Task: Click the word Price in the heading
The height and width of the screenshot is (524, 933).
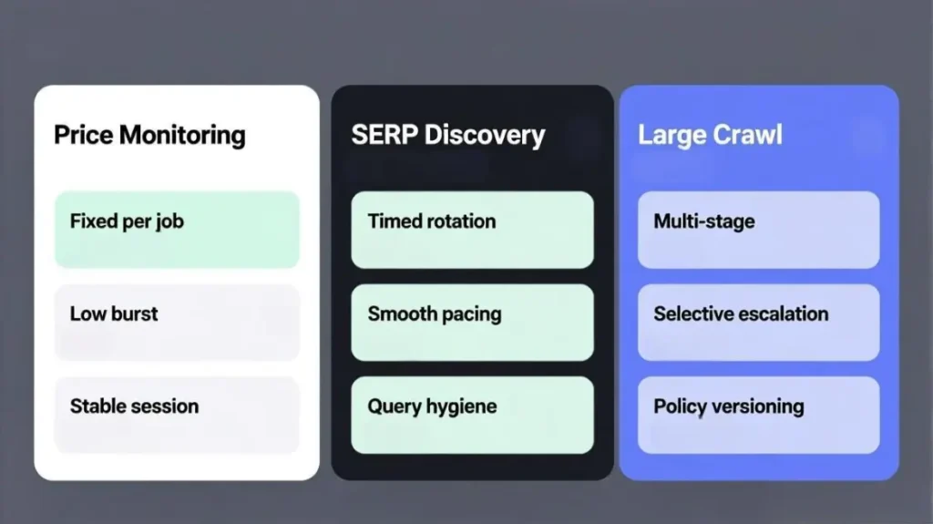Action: (x=83, y=135)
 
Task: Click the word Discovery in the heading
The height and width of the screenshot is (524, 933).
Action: (x=485, y=136)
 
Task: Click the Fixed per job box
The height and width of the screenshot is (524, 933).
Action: (x=177, y=230)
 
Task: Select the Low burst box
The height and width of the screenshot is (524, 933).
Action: (x=177, y=323)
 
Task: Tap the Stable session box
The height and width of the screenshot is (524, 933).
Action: (x=177, y=415)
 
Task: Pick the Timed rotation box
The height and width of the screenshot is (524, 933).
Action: (x=472, y=230)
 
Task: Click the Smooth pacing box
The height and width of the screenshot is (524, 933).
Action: (x=472, y=323)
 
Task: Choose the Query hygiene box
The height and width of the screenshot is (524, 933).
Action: (x=472, y=415)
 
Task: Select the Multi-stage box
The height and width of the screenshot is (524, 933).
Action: (x=758, y=230)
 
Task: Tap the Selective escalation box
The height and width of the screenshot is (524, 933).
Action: (x=758, y=323)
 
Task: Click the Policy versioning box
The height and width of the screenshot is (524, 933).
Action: (x=758, y=415)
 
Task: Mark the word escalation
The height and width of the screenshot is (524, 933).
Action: (x=777, y=313)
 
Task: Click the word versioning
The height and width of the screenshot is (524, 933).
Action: (x=757, y=406)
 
